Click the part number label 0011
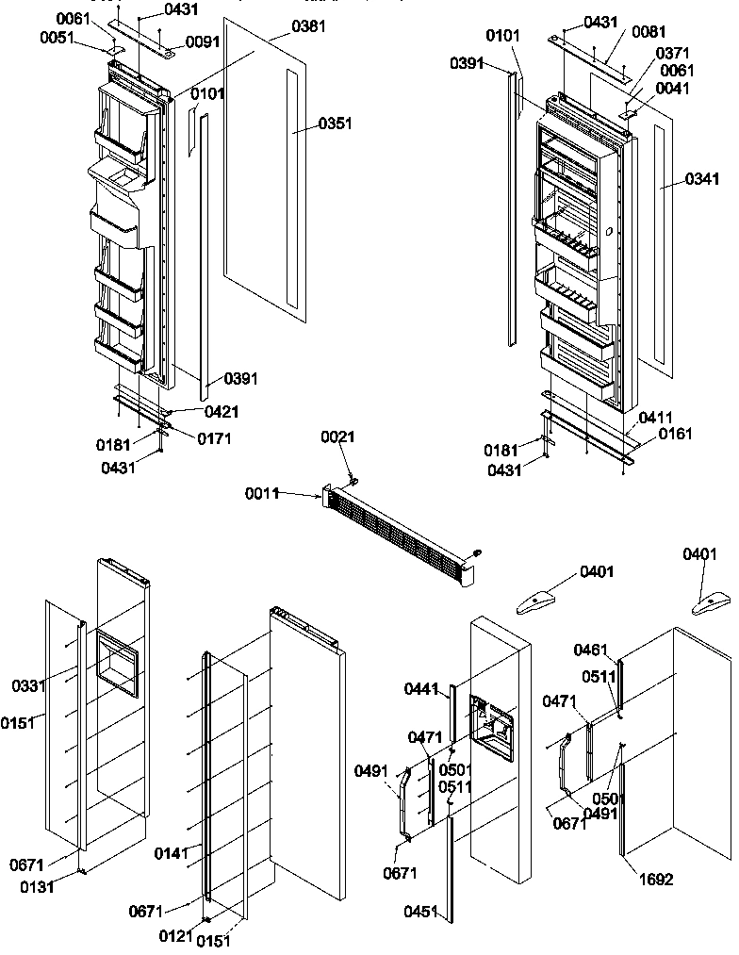(x=264, y=493)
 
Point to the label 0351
(x=335, y=123)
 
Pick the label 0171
(x=215, y=438)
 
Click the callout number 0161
(x=675, y=434)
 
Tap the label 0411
(x=655, y=417)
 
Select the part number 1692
(x=657, y=880)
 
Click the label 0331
(x=28, y=685)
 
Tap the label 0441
(x=421, y=690)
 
